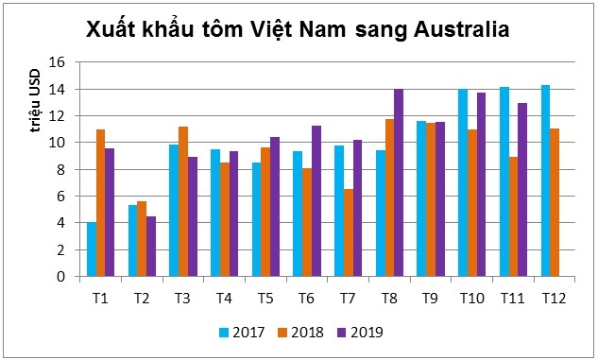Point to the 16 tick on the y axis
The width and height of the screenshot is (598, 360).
click(57, 62)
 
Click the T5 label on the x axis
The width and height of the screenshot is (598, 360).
click(265, 299)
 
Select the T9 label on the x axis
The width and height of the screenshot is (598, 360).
click(431, 299)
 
